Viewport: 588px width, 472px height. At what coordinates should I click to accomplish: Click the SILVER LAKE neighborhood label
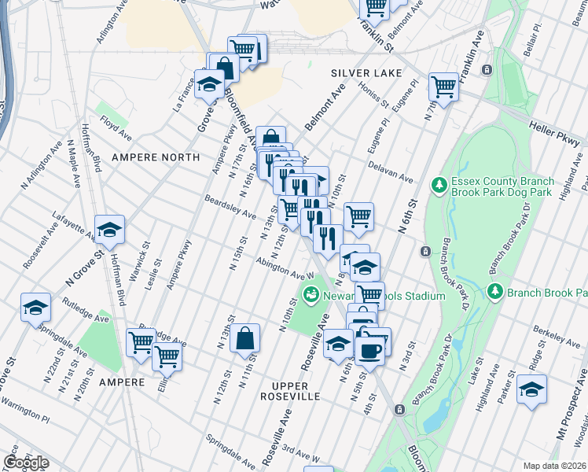point(360,72)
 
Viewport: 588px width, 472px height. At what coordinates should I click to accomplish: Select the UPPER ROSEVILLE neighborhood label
point(285,396)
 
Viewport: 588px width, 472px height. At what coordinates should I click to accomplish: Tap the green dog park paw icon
point(439,186)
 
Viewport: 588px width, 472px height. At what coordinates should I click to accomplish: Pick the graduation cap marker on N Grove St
point(110,230)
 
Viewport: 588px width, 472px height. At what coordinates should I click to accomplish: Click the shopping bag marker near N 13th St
point(245,338)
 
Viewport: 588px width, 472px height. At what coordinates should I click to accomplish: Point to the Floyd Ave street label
point(115,124)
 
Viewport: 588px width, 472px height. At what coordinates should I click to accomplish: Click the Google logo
point(25,462)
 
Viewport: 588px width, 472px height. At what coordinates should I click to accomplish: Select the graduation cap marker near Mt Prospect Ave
point(531,389)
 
